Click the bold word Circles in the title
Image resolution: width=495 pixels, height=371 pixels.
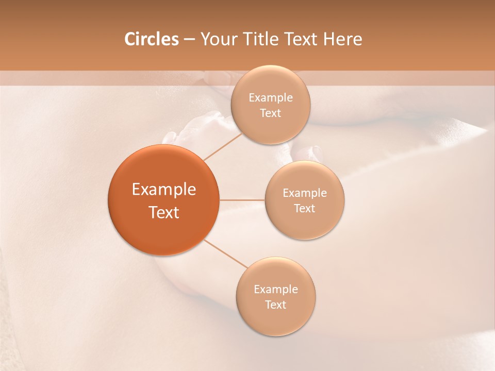pyautogui.click(x=151, y=39)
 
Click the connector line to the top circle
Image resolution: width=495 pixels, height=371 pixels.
pyautogui.click(x=223, y=146)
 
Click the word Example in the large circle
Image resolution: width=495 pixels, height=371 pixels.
pyautogui.click(x=164, y=190)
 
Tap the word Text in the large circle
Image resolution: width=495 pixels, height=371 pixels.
pyautogui.click(x=164, y=212)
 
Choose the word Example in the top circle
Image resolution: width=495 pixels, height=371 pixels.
pyautogui.click(x=271, y=98)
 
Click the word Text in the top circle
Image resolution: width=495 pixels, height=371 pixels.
pyautogui.click(x=270, y=113)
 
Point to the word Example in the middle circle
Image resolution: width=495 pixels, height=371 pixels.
pyautogui.click(x=305, y=193)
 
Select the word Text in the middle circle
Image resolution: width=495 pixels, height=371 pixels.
pyautogui.click(x=305, y=209)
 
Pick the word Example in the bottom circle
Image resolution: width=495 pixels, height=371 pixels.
pyautogui.click(x=276, y=290)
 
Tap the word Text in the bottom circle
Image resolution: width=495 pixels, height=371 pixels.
pyautogui.click(x=275, y=305)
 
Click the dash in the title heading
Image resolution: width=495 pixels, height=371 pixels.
pyautogui.click(x=189, y=40)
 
